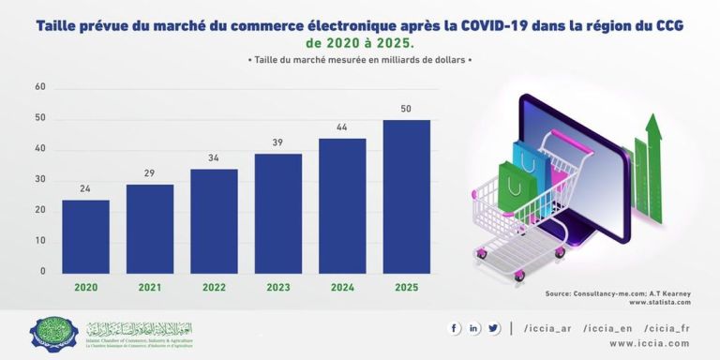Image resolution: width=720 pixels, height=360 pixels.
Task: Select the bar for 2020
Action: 85,236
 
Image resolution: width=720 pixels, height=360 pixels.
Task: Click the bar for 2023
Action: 277,213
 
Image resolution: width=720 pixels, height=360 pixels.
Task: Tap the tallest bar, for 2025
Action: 406,196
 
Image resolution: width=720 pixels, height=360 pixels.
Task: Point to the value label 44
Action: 342,127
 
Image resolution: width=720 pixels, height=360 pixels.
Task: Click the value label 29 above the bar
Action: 150,173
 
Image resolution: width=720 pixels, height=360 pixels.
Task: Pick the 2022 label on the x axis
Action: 214,287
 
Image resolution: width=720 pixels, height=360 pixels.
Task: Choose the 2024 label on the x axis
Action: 342,287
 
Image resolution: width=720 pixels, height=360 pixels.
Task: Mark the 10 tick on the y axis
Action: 40,241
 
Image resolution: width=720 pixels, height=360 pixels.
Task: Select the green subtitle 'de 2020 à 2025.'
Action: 359,44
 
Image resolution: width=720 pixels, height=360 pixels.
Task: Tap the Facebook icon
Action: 456,328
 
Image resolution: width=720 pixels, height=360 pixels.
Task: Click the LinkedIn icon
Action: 474,328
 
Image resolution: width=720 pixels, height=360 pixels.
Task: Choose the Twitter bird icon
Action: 493,328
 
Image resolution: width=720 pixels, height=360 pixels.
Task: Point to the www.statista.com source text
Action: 659,303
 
